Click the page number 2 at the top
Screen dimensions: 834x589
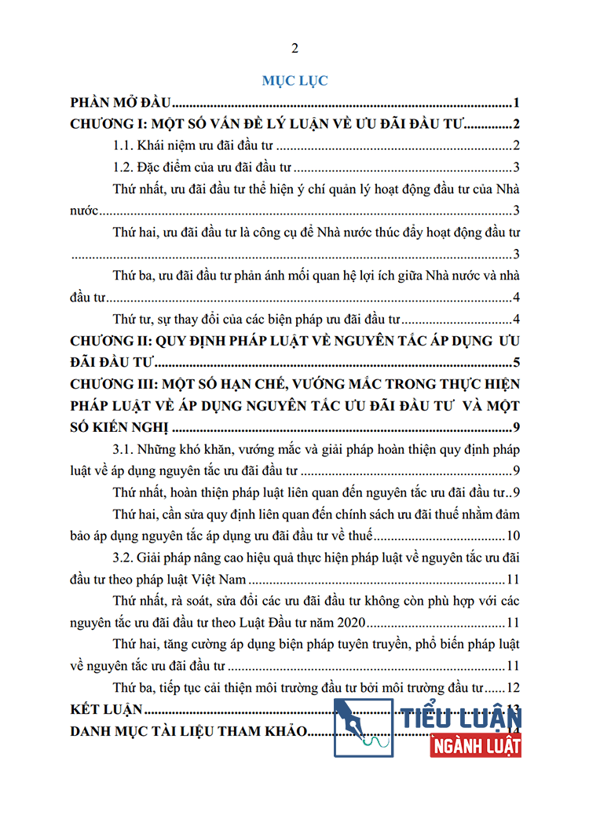(x=294, y=49)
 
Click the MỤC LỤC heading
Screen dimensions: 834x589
(x=294, y=80)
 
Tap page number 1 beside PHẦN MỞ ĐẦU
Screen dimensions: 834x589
(x=517, y=103)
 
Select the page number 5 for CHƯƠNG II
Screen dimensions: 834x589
(x=517, y=362)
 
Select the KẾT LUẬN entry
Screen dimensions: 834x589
(x=106, y=710)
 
